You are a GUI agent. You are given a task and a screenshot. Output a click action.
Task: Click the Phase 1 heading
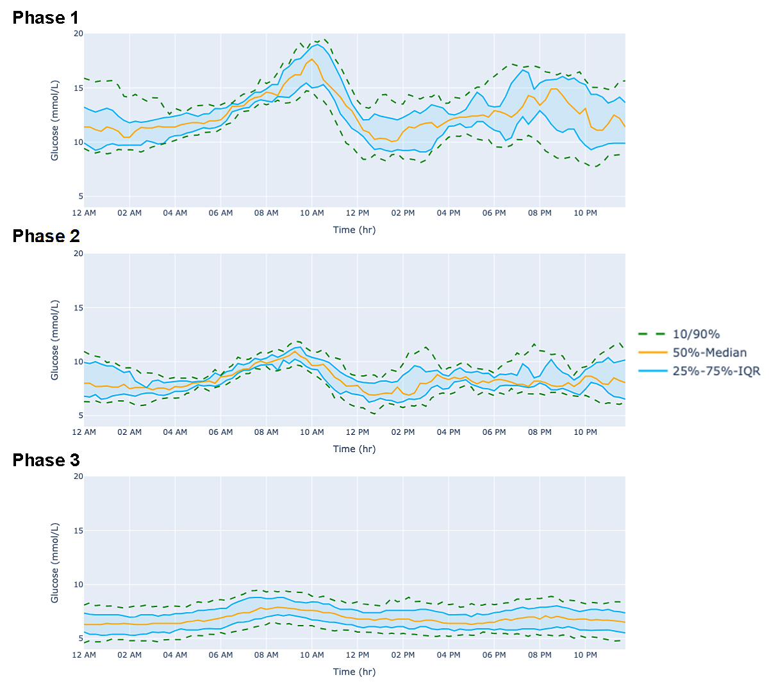[x=45, y=18]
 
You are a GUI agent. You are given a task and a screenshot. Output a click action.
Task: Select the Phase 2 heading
[x=46, y=236]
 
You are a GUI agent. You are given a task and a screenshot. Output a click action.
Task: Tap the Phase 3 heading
[x=46, y=460]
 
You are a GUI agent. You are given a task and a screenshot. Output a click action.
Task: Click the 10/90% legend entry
[x=696, y=334]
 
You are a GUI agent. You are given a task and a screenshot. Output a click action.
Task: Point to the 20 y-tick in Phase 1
[x=78, y=34]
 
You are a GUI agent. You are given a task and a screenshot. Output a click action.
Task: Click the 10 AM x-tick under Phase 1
[x=312, y=213]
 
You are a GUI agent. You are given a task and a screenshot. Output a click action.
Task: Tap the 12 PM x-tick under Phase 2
[x=358, y=432]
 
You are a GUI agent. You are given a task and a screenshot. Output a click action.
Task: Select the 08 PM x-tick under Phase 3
[x=540, y=655]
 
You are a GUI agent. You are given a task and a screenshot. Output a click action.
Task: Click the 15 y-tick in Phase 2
[x=78, y=308]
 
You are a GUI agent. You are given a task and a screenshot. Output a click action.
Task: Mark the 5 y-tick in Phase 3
[x=81, y=638]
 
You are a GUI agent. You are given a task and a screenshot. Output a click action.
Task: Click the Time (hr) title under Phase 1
[x=354, y=230]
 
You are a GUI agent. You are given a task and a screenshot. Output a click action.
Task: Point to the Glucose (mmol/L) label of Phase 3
[x=55, y=562]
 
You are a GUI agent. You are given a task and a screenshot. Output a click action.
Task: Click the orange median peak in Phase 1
[x=312, y=60]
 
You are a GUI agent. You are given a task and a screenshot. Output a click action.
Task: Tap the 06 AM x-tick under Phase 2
[x=220, y=432]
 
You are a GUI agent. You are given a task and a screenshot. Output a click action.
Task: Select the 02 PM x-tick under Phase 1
[x=403, y=213]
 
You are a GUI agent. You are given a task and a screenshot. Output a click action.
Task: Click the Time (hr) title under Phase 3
[x=354, y=672]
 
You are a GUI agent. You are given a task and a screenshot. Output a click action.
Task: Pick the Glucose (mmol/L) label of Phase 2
[x=55, y=339]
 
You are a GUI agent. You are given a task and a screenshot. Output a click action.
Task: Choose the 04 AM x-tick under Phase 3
[x=175, y=655]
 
